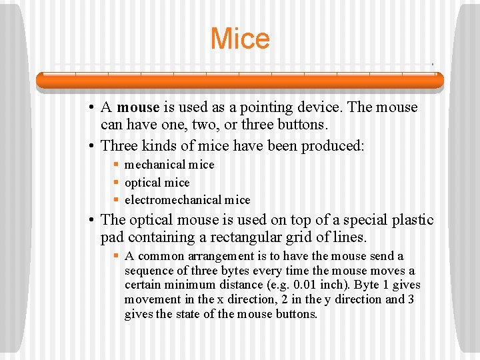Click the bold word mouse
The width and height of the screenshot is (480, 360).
[x=138, y=107]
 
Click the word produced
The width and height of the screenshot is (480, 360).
[x=333, y=145]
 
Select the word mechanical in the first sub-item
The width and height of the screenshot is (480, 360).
[x=155, y=165]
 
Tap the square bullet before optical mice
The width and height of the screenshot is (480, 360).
[x=116, y=183]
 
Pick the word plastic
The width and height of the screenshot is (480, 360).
[x=411, y=220]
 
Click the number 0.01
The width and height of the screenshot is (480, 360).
[x=306, y=285]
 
